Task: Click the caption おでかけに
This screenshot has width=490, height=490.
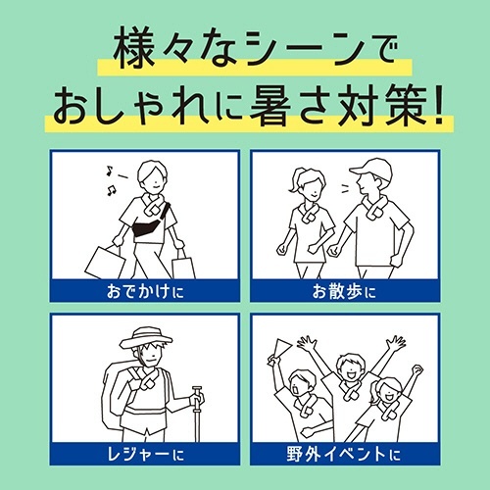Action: pos(145,291)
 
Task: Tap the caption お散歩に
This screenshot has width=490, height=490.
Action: pos(344,291)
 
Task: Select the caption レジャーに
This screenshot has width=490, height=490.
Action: pos(146,454)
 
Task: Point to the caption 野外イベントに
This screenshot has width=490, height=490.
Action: pos(344,454)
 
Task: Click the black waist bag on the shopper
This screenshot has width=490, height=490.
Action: pos(147,227)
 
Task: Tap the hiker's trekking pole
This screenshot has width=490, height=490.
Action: pos(197,414)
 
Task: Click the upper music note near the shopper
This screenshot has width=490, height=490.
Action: pos(110,171)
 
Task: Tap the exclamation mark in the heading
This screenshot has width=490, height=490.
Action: pos(438,105)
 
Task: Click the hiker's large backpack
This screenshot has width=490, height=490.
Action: pos(119,395)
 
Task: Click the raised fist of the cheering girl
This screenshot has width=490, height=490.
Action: pos(417,369)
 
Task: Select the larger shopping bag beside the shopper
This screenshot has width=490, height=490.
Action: pos(105,263)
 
